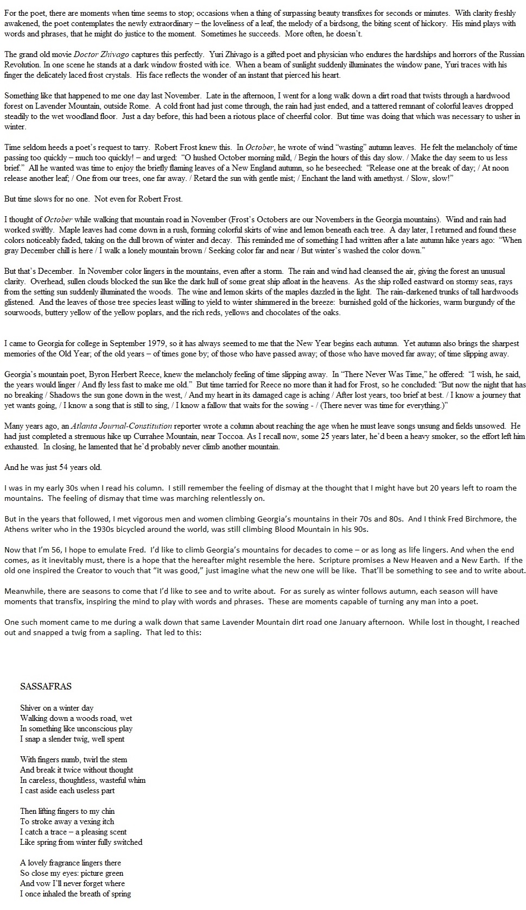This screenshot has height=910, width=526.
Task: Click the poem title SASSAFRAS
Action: click(x=46, y=686)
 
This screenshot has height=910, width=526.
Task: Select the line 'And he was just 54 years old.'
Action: click(x=53, y=467)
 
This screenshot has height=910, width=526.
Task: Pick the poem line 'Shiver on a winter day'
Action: click(x=56, y=708)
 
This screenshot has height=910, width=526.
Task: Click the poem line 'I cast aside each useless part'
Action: click(x=67, y=790)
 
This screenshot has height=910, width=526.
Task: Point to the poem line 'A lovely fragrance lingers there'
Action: click(x=71, y=863)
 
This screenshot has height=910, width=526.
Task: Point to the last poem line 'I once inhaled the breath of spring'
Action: click(x=75, y=894)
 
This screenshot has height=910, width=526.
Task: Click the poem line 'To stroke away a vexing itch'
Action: click(x=67, y=821)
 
